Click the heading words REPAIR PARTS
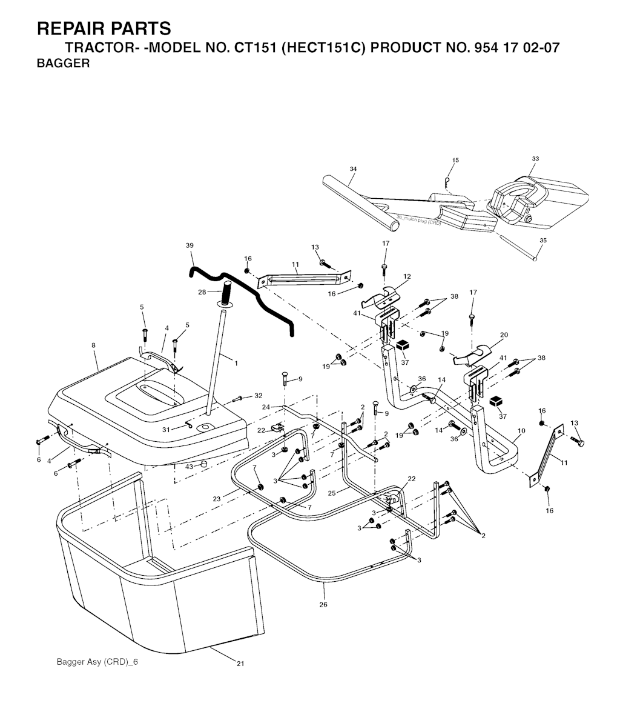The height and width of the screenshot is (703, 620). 104,28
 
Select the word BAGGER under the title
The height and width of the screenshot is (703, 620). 63,64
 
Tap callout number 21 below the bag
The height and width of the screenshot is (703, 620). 240,664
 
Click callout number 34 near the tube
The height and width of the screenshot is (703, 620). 353,168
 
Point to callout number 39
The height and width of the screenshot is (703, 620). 190,245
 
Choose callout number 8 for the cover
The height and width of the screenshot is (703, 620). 94,345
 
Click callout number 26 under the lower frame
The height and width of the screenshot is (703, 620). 323,604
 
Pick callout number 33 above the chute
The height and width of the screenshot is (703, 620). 535,159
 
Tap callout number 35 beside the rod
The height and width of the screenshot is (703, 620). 542,241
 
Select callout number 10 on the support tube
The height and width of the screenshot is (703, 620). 521,431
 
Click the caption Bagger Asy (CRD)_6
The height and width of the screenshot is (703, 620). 97,661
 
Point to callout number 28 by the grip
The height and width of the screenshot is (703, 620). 202,292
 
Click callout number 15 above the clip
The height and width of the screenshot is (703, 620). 455,161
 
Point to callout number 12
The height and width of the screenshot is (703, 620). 407,276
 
